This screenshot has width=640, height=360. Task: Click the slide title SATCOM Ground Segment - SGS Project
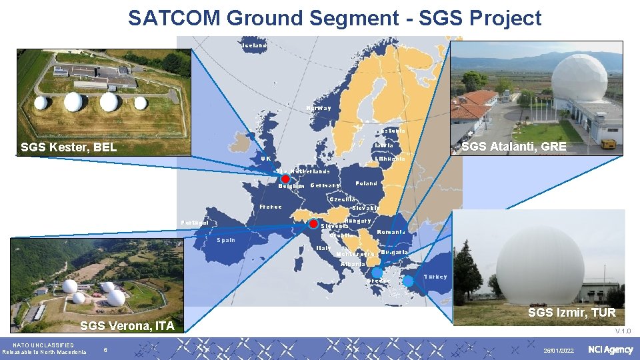[x=335, y=18]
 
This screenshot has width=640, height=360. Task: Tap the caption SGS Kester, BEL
[x=69, y=147]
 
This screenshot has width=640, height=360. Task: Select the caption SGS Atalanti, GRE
[x=514, y=147]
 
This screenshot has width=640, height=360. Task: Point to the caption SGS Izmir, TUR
[x=571, y=312]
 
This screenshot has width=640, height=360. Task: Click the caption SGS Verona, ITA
[x=127, y=326]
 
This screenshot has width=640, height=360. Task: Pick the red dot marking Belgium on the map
[x=285, y=179]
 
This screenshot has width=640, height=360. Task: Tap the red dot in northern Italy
[x=314, y=225]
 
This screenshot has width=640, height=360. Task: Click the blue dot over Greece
[x=377, y=273]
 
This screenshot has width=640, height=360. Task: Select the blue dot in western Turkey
[x=409, y=281]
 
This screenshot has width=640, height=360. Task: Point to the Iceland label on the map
[x=254, y=45]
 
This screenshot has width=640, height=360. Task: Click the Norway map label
[x=319, y=108]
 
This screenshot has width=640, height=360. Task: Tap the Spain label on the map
[x=225, y=240]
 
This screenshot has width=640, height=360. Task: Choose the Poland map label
[x=367, y=183]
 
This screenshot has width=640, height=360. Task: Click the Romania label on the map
[x=391, y=232]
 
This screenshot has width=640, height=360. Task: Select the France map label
[x=271, y=207]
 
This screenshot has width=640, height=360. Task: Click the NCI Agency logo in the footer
[x=610, y=350]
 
